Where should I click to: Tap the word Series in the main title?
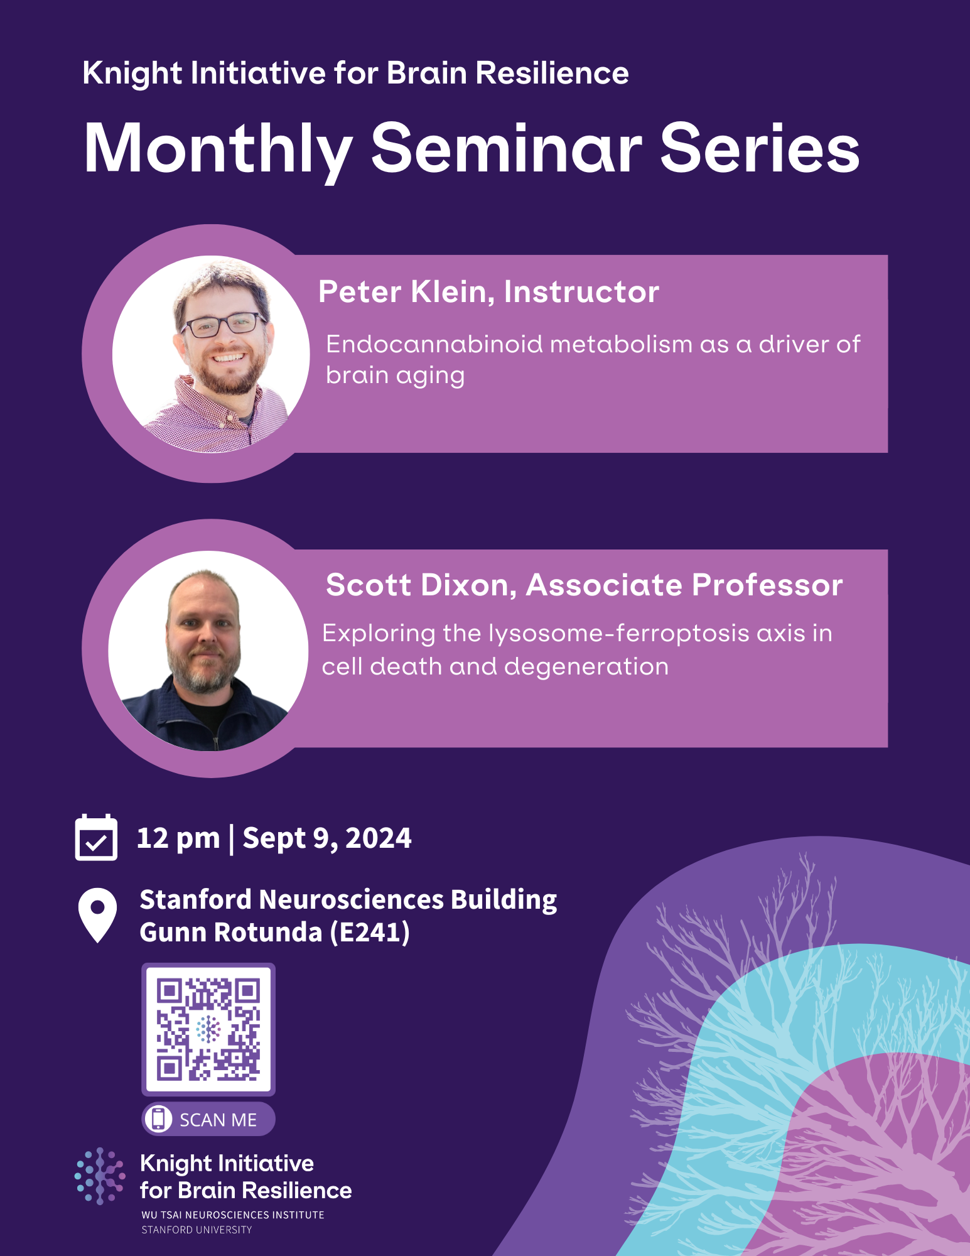tap(760, 148)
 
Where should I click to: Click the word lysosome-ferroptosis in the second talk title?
tap(618, 633)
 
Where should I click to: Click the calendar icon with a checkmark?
tap(96, 838)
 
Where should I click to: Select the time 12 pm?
tap(178, 838)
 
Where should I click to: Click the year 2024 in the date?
tap(378, 838)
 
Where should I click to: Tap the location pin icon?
tap(97, 914)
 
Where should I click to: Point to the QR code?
tap(208, 1029)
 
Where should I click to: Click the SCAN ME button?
tap(208, 1119)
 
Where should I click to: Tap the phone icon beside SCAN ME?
tap(158, 1118)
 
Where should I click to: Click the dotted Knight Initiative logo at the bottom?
tap(100, 1176)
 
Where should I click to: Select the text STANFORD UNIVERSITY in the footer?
tap(197, 1230)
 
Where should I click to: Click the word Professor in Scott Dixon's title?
tap(767, 585)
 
